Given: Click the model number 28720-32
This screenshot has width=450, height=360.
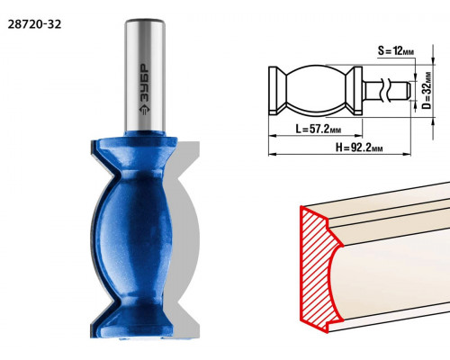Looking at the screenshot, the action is point(34,24).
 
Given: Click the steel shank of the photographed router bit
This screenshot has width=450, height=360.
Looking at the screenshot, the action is point(145,75).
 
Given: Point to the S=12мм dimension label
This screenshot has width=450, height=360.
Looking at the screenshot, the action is point(396,51).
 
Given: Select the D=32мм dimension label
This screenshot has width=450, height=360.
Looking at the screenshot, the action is point(427,91).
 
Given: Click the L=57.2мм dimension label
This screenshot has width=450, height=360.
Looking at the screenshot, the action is point(319,129).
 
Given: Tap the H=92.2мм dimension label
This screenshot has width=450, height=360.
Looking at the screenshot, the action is point(359,148).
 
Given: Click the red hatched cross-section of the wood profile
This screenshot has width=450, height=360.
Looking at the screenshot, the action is point(317,267).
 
